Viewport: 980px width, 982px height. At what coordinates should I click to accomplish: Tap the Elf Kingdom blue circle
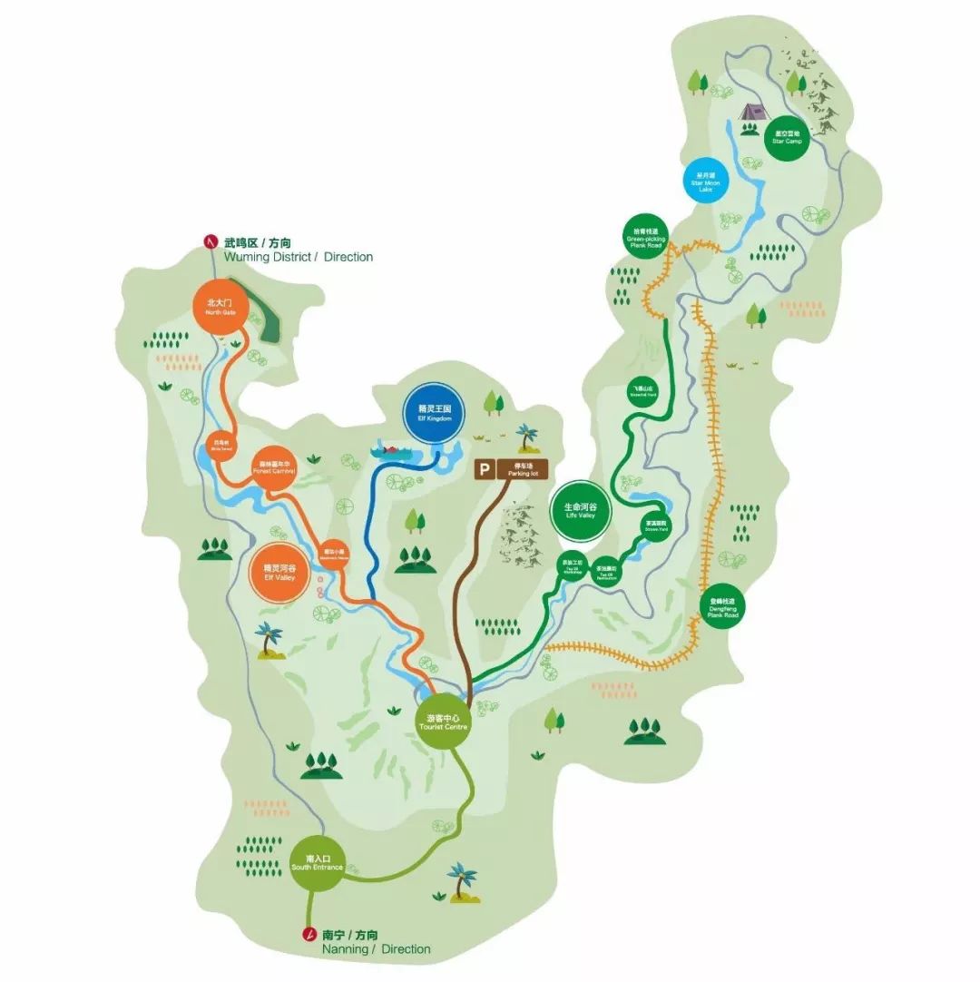point(434,414)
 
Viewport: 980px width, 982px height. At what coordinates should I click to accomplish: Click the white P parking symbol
point(485,469)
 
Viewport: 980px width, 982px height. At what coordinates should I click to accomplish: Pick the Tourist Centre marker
point(444,722)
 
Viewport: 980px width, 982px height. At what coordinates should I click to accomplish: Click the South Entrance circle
point(318,863)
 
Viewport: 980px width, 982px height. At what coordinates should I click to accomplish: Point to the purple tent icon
point(752,112)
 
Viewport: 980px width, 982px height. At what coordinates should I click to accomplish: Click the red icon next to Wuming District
point(211,241)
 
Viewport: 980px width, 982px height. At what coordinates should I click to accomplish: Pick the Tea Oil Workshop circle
point(573,566)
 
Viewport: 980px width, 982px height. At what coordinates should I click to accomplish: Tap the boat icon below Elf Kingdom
point(392,450)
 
